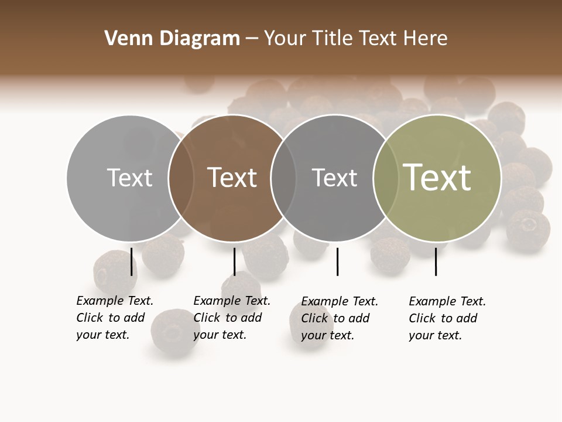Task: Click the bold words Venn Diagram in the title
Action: click(x=172, y=39)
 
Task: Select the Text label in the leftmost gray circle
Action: click(x=129, y=178)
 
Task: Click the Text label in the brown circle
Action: click(x=232, y=178)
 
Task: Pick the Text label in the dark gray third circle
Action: click(x=334, y=178)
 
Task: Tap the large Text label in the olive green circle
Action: click(x=437, y=178)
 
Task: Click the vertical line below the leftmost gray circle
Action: click(x=131, y=261)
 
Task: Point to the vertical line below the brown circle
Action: click(x=234, y=261)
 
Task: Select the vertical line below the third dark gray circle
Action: click(x=337, y=261)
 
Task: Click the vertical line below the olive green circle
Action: click(x=436, y=261)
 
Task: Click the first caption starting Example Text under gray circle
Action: click(x=114, y=318)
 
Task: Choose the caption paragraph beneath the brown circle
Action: click(x=231, y=318)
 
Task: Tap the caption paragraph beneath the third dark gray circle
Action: click(x=339, y=318)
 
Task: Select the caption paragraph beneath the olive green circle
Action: click(x=447, y=318)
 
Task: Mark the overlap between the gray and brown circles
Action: click(x=181, y=178)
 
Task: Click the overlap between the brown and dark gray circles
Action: click(x=283, y=178)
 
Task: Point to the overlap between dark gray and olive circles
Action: click(x=386, y=178)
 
